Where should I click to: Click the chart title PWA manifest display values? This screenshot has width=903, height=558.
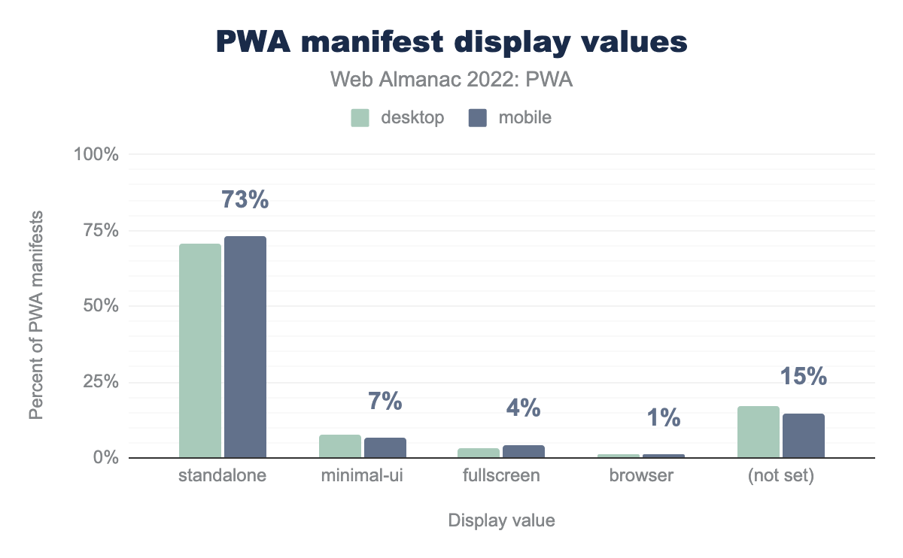click(x=451, y=42)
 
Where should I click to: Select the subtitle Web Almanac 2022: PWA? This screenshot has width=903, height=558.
click(x=451, y=80)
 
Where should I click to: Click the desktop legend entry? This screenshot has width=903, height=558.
click(x=397, y=117)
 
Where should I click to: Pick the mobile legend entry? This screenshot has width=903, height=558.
click(x=509, y=117)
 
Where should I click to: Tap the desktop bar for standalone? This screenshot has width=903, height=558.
click(x=200, y=350)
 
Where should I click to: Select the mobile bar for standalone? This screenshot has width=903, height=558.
click(x=245, y=347)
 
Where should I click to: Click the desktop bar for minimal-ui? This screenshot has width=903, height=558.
click(x=340, y=446)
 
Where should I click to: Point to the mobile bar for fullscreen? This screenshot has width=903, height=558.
click(x=524, y=451)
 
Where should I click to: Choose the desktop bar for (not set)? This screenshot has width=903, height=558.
click(x=759, y=432)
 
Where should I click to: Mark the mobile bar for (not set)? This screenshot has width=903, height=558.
click(x=804, y=435)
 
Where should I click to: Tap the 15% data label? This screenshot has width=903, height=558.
click(x=804, y=376)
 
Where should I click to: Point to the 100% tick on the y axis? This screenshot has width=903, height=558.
click(x=96, y=154)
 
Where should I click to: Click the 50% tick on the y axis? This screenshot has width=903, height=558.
click(x=101, y=306)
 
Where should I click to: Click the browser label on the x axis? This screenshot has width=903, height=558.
click(x=642, y=476)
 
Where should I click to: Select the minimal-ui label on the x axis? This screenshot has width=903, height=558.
click(x=362, y=476)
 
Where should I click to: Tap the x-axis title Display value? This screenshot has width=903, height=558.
click(x=501, y=520)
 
